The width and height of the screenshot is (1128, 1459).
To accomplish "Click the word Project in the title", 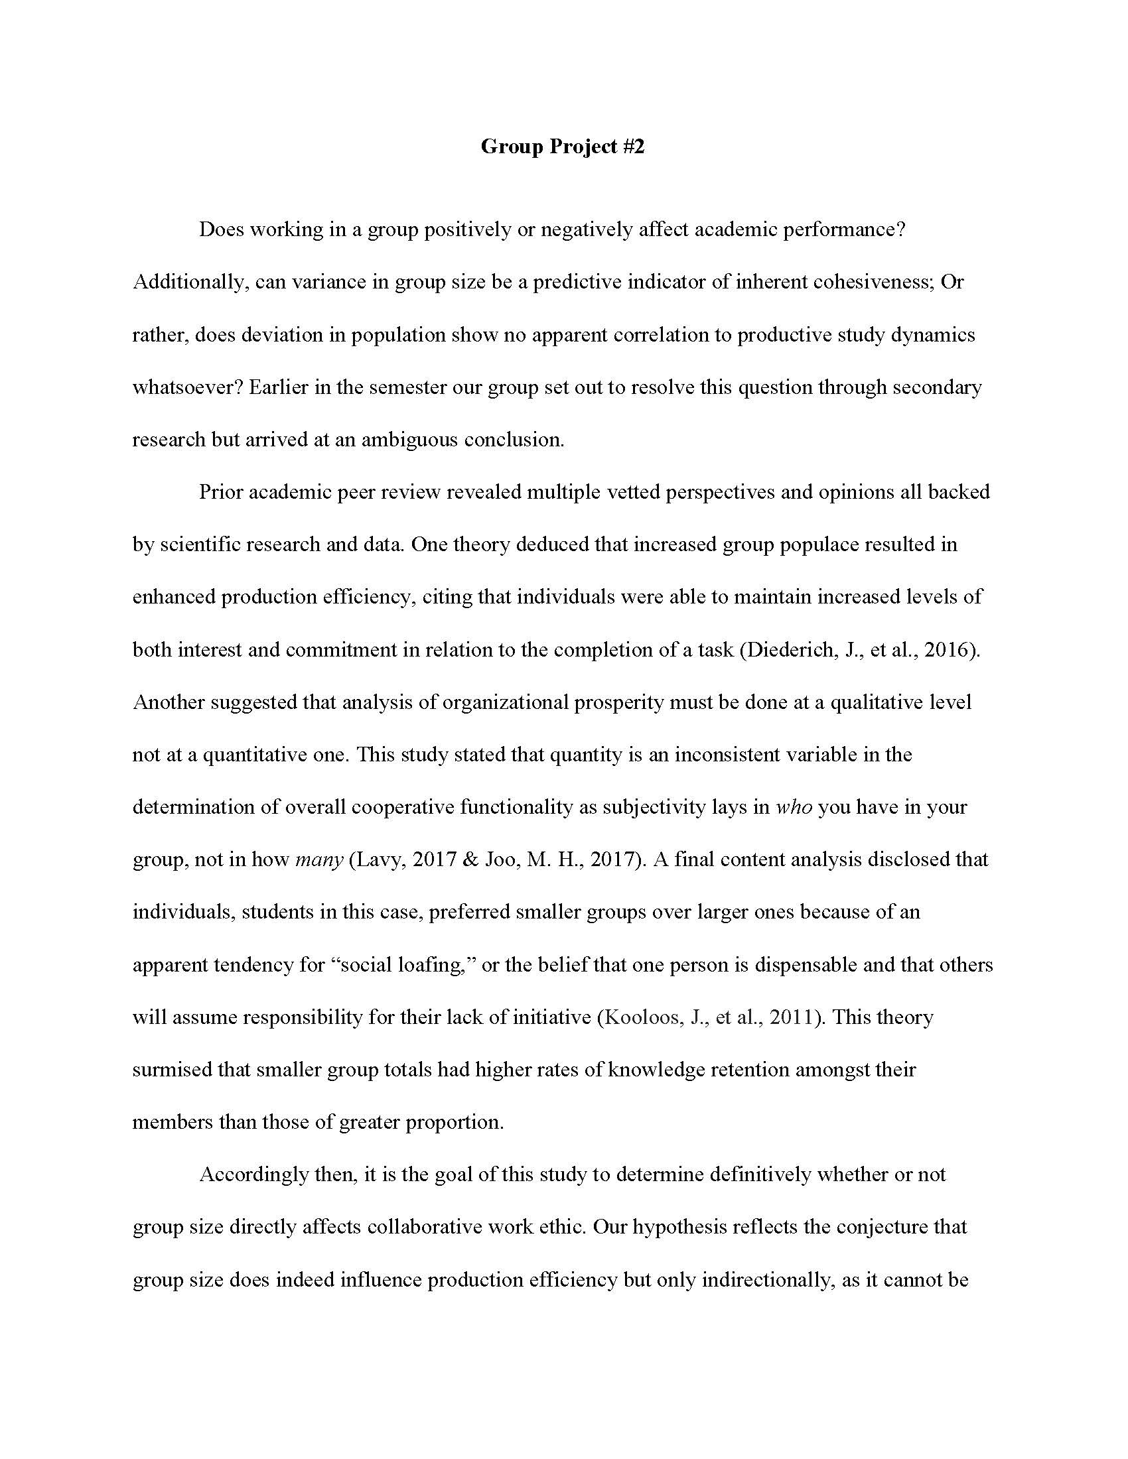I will [x=583, y=147].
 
